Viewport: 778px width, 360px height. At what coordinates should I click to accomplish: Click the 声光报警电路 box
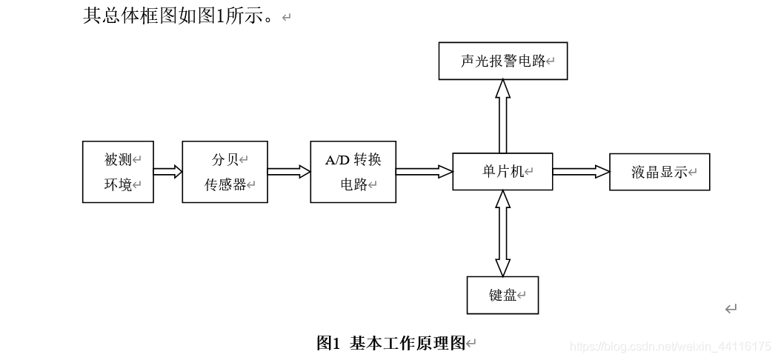pyautogui.click(x=502, y=61)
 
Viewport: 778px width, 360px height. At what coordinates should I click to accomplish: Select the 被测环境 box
pyautogui.click(x=118, y=172)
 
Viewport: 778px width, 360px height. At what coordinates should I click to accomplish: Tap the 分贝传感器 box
pyautogui.click(x=225, y=172)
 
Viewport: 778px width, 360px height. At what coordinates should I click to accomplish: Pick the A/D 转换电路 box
pyautogui.click(x=353, y=172)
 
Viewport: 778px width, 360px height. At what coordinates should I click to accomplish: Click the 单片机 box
pyautogui.click(x=502, y=172)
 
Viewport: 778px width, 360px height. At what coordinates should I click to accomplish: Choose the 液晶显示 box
pyautogui.click(x=659, y=172)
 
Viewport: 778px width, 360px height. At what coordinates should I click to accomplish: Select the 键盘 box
pyautogui.click(x=502, y=295)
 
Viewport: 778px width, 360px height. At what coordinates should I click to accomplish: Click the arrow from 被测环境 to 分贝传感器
pyautogui.click(x=168, y=172)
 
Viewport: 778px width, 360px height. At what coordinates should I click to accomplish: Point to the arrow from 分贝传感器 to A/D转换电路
pyautogui.click(x=289, y=172)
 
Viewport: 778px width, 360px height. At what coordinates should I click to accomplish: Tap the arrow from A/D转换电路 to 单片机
pyautogui.click(x=424, y=172)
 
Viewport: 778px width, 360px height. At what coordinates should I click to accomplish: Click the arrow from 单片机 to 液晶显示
pyautogui.click(x=581, y=172)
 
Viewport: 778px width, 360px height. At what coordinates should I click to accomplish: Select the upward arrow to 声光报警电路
pyautogui.click(x=502, y=116)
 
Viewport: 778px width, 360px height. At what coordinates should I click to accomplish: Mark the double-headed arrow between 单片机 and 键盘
pyautogui.click(x=502, y=233)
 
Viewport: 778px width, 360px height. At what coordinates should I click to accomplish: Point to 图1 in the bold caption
pyautogui.click(x=328, y=343)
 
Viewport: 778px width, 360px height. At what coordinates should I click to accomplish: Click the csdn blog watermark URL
pyautogui.click(x=671, y=347)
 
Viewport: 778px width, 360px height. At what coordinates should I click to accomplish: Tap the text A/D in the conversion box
pyautogui.click(x=337, y=160)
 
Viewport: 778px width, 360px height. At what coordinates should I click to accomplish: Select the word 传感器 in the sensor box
pyautogui.click(x=225, y=185)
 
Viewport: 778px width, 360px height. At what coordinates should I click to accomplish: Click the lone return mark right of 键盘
pyautogui.click(x=731, y=309)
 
